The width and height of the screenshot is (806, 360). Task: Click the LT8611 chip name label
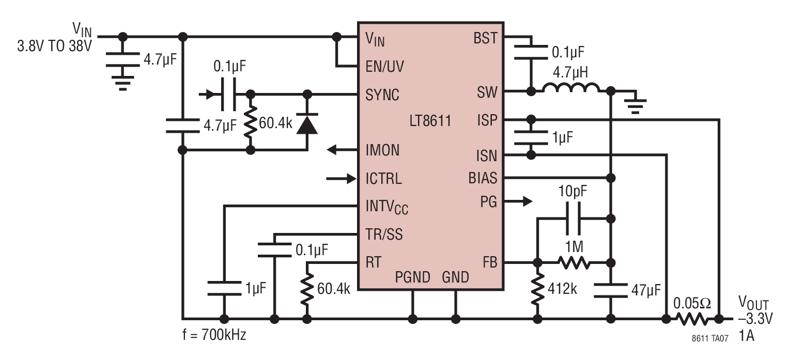pos(430,120)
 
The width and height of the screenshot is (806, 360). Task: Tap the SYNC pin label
pos(382,95)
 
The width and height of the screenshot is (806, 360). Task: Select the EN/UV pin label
pos(384,67)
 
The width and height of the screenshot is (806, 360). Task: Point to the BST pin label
pos(485,38)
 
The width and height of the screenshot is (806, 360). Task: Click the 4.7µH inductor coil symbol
pos(571,88)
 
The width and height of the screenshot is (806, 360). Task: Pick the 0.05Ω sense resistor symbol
pos(692,319)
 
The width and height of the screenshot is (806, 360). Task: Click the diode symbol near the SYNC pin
pos(307,124)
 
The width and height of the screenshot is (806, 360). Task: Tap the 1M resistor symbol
pos(574,263)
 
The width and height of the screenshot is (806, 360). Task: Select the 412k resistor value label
pos(563,288)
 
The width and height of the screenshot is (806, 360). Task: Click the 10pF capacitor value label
pos(572,191)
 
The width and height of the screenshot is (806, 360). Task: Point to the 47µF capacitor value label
pos(646,290)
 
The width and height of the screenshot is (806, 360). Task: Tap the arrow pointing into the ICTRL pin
pos(341,178)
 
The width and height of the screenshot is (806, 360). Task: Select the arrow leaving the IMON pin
pos(342,150)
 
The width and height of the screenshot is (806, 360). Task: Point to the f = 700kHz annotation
pos(214,335)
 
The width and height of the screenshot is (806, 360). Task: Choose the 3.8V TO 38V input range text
pos(54,46)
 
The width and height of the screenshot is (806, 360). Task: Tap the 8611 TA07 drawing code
pos(710,338)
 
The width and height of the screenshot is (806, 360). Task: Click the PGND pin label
pos(413,277)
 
